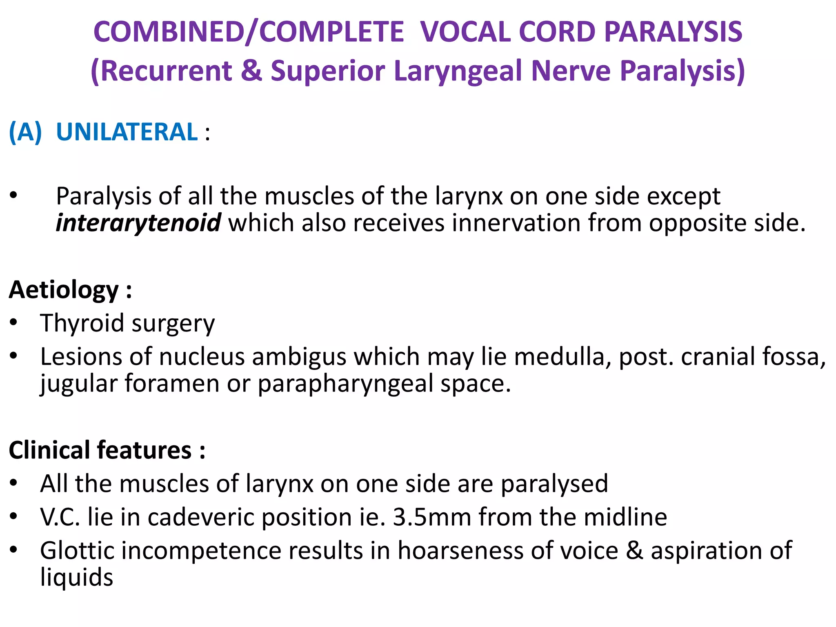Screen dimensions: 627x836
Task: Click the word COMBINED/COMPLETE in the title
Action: coord(249,32)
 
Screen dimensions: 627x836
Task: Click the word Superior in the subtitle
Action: coord(328,71)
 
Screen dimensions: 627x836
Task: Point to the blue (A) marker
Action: coord(25,132)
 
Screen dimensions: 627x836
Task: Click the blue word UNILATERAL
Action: coord(127,132)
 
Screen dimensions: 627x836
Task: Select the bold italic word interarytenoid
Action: coord(138,223)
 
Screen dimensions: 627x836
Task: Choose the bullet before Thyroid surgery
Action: coord(14,322)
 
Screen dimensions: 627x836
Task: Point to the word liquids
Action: coord(77,577)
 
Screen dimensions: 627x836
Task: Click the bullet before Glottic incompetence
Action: coord(14,550)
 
